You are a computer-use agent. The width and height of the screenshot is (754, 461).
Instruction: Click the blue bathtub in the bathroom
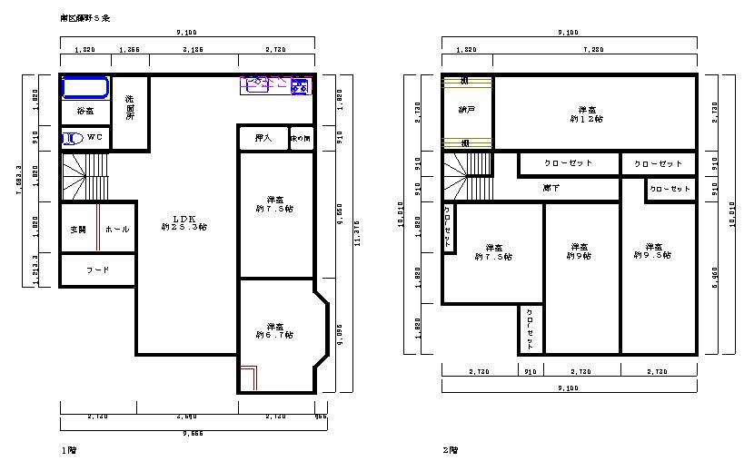(84, 88)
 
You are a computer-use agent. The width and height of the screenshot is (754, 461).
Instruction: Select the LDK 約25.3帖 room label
(184, 223)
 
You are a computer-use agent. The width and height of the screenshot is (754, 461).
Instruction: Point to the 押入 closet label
(263, 139)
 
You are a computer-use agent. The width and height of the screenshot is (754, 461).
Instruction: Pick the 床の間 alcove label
(301, 139)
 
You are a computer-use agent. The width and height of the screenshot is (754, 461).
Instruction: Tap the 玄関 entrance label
(77, 230)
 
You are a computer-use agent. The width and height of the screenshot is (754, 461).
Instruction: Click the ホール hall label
(117, 230)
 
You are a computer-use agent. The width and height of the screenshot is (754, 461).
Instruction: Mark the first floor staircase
(84, 177)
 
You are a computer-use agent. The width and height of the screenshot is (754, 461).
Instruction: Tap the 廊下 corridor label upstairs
(551, 188)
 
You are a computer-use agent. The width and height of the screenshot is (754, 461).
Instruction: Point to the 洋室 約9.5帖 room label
(653, 250)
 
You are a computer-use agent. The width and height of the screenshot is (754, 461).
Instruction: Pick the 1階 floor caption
(67, 449)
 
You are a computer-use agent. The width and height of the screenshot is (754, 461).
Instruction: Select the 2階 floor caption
(450, 449)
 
